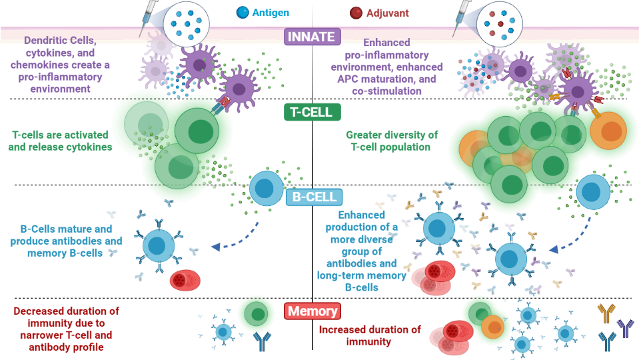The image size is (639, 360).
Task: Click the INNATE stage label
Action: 313,37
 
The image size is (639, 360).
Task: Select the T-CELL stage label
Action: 313,112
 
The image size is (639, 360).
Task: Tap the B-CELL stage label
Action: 314,197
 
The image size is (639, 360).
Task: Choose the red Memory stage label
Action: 313,311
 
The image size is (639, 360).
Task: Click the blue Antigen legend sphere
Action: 242,12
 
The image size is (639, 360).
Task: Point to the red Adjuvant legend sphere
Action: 356,12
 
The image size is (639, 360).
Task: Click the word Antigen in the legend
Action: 271,13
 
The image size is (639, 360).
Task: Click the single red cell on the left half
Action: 185,280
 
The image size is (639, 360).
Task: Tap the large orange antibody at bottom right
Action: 606,313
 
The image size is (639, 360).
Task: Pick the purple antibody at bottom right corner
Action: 626,327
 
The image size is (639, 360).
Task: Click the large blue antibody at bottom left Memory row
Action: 262,341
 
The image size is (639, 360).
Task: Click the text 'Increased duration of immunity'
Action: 370,335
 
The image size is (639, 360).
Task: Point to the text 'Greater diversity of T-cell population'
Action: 392,141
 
